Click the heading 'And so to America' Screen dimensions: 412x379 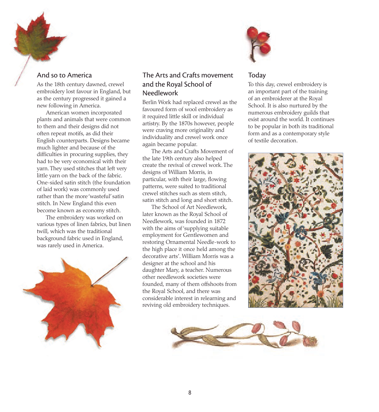(64, 75)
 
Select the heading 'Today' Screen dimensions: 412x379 (257, 75)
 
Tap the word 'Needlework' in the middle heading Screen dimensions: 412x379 (160, 93)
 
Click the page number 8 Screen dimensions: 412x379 (189, 392)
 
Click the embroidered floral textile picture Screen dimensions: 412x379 (295, 230)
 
